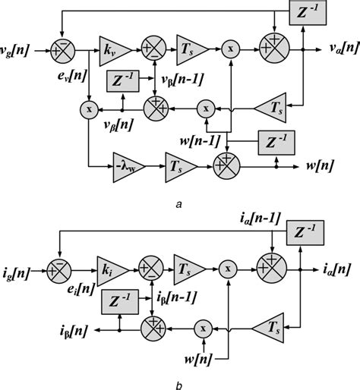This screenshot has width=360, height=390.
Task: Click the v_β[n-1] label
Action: point(182,80)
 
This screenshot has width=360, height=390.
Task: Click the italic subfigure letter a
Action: point(176,203)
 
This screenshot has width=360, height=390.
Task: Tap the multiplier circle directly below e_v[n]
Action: point(90,110)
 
